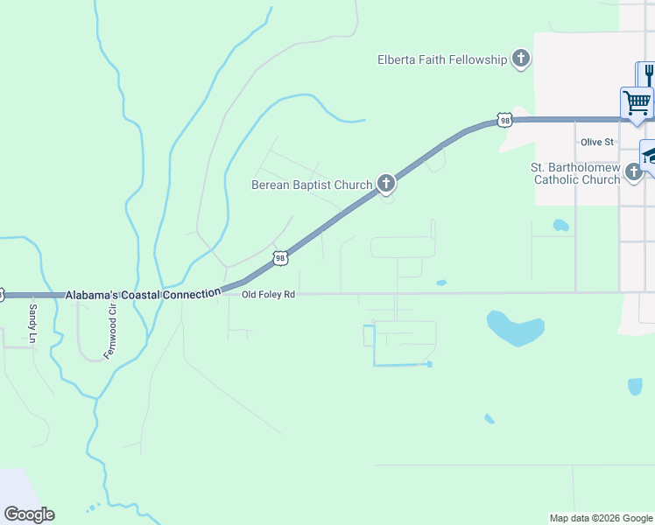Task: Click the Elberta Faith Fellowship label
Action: click(442, 59)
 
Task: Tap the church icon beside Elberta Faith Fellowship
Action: click(521, 59)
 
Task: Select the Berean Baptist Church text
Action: click(311, 185)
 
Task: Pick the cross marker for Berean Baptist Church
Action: click(384, 184)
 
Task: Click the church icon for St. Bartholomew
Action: click(634, 173)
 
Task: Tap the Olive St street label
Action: click(598, 142)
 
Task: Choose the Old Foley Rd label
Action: click(268, 295)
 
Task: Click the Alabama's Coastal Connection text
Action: click(143, 296)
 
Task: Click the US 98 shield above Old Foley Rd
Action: click(279, 257)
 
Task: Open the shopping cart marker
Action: click(637, 101)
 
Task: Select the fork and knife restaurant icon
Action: click(647, 73)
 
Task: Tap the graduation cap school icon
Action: click(649, 155)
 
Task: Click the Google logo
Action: click(29, 514)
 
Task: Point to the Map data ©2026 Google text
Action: click(601, 518)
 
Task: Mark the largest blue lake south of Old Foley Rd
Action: click(514, 328)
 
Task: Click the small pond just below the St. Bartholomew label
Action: click(560, 225)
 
